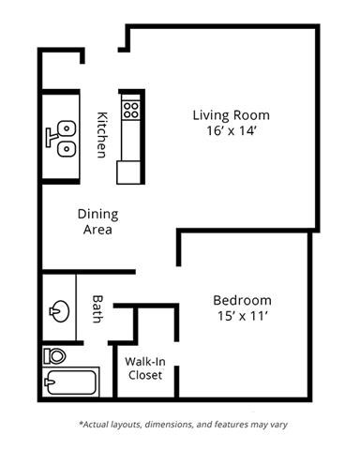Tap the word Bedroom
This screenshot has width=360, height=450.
pyautogui.click(x=242, y=300)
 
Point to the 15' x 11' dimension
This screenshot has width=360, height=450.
pyautogui.click(x=242, y=317)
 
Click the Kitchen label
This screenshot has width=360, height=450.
pyautogui.click(x=102, y=134)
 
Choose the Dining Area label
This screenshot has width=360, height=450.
pyautogui.click(x=97, y=221)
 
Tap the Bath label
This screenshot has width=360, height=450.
pyautogui.click(x=98, y=309)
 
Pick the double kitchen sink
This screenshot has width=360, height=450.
pyautogui.click(x=64, y=136)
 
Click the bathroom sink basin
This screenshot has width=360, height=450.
pyautogui.click(x=60, y=309)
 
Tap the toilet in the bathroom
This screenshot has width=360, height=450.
pyautogui.click(x=53, y=356)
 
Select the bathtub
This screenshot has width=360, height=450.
pyautogui.click(x=69, y=383)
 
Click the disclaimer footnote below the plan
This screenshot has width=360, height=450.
pyautogui.click(x=183, y=424)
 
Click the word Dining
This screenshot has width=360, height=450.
pyautogui.click(x=97, y=213)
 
